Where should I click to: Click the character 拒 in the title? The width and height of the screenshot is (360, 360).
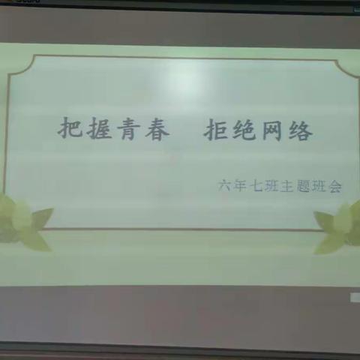pyautogui.click(x=217, y=130)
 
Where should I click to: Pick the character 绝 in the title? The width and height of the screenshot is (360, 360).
pyautogui.click(x=246, y=130)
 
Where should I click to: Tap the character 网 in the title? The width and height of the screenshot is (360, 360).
pyautogui.click(x=274, y=130)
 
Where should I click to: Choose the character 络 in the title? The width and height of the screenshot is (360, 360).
pyautogui.click(x=302, y=130)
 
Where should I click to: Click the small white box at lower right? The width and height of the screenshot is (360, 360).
pyautogui.click(x=355, y=298)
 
